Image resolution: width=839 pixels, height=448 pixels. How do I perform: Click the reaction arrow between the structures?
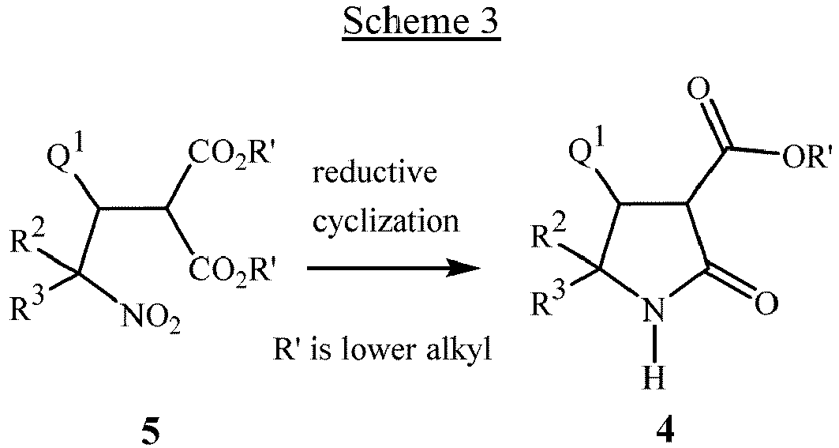pyautogui.click(x=394, y=269)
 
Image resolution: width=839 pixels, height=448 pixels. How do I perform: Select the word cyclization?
pyautogui.click(x=385, y=220)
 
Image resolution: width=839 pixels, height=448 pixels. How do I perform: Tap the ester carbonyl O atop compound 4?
pyautogui.click(x=698, y=88)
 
